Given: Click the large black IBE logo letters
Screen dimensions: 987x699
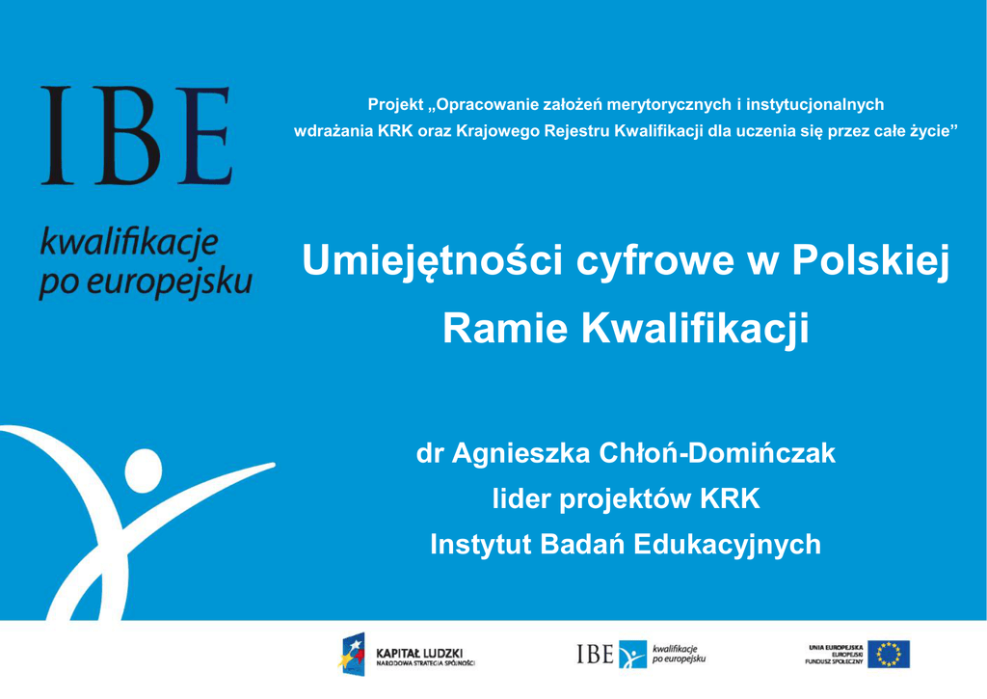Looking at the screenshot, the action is [137, 135].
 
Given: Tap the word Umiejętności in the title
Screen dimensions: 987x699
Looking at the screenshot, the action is [432, 261].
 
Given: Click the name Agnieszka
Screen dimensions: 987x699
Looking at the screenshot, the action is [520, 454].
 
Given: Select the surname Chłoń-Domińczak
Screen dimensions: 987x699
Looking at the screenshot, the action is [717, 453].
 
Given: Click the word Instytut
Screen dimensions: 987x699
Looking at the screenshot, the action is [480, 544].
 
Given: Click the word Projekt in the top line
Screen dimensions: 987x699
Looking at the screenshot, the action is [395, 104].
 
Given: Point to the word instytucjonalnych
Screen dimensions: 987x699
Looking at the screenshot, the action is [814, 104].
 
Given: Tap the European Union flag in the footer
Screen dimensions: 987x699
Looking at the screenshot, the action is [888, 655].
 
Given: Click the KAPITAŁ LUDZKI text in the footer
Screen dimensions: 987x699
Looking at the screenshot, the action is [419, 653].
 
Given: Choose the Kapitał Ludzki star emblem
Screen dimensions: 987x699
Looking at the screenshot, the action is [352, 654].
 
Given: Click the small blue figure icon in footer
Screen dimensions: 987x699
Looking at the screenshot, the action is [632, 655].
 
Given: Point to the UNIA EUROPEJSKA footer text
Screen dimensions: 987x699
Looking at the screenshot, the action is [836, 647].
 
